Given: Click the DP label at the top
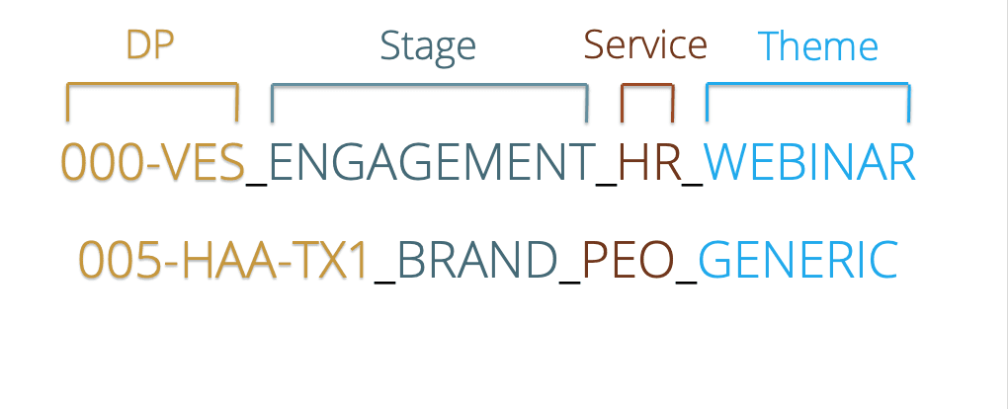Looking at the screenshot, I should coord(151,45).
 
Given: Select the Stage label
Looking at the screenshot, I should coord(428,45).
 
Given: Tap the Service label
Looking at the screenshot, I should coord(645,44).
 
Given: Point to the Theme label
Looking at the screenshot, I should coord(817,46).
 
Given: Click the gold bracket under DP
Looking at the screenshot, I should coord(152,85).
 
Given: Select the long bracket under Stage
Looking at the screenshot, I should coord(429,87).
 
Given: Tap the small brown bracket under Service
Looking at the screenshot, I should coord(647,87).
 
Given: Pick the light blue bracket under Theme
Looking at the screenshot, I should coord(807,87).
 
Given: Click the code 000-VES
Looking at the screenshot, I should coord(152,163).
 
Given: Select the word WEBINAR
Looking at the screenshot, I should coord(809,163).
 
